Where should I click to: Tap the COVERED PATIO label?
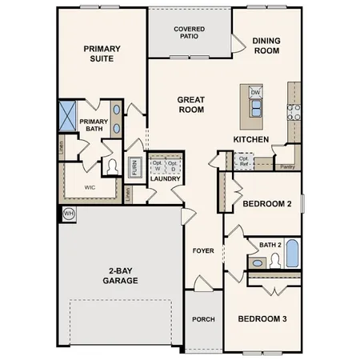click(189, 33)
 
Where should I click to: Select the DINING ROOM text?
click(266, 45)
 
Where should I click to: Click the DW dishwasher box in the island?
click(256, 93)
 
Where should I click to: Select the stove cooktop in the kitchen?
click(294, 113)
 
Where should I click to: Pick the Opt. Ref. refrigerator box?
click(242, 161)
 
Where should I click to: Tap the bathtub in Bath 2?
click(292, 255)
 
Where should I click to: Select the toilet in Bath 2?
click(275, 260)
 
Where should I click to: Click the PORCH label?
click(203, 319)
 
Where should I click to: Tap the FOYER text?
click(202, 250)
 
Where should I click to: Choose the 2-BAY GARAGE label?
click(120, 276)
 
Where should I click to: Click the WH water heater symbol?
click(68, 214)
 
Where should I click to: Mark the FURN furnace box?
click(135, 166)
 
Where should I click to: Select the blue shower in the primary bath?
click(67, 114)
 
